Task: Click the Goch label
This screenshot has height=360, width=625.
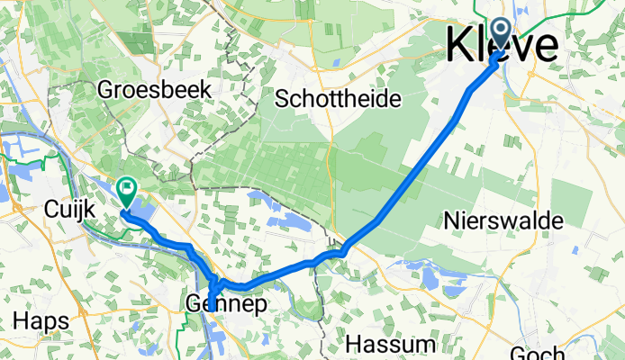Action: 538,353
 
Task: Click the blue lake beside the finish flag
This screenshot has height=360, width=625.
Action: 144,211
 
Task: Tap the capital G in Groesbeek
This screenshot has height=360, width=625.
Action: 104,90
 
